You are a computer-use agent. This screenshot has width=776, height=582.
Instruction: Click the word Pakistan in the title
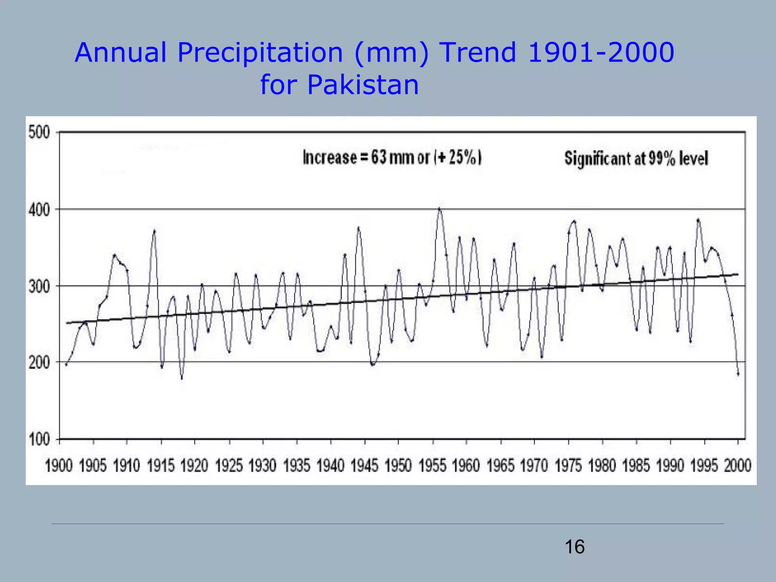coord(363,84)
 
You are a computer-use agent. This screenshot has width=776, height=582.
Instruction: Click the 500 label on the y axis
coord(39,133)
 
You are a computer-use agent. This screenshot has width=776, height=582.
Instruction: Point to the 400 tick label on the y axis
coord(39,210)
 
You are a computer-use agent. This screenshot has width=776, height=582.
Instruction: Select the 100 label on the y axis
coord(39,440)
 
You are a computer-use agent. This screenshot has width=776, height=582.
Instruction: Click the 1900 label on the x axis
coord(59,466)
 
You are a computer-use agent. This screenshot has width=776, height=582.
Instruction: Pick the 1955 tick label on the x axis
coord(432,466)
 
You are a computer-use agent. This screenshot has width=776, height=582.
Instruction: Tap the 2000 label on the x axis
coord(737,466)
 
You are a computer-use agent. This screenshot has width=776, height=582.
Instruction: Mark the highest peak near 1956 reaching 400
coord(439,208)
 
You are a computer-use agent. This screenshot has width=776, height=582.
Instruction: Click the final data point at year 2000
coord(738,374)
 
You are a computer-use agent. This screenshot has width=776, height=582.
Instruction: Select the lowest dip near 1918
coord(182,377)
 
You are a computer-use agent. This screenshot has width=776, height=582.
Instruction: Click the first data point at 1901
coord(66,365)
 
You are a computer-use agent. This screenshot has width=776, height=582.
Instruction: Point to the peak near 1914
coord(154,230)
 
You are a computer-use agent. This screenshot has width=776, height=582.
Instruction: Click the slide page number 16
coord(574,547)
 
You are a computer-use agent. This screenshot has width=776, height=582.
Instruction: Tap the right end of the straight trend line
coord(737,274)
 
